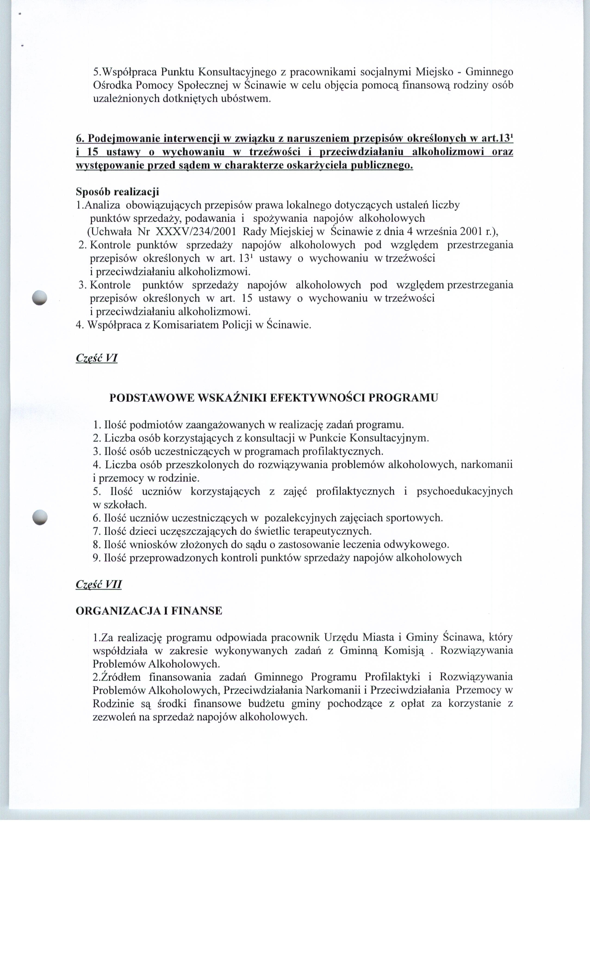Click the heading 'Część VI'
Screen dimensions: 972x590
pyautogui.click(x=97, y=358)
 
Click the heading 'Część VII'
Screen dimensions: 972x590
pyautogui.click(x=99, y=584)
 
